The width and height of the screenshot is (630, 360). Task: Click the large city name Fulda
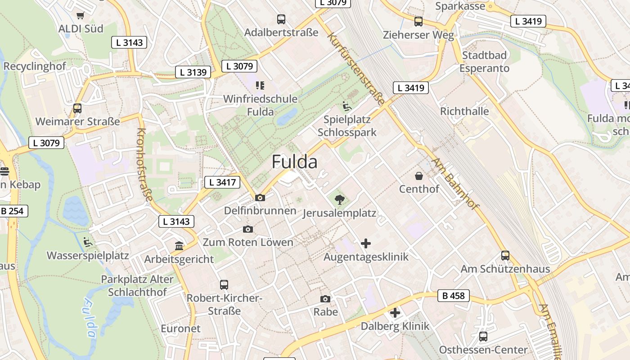[294, 162]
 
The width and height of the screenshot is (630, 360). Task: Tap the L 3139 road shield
[193, 72]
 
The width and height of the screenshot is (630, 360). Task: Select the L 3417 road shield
[222, 182]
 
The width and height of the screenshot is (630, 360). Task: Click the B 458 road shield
[454, 296]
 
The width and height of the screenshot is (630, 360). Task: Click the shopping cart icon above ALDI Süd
[81, 16]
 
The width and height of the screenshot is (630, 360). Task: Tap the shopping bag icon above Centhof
[419, 175]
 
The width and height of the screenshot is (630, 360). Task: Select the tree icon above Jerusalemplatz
[340, 199]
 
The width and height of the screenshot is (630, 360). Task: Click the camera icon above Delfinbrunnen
[260, 198]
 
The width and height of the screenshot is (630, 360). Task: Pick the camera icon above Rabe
[325, 299]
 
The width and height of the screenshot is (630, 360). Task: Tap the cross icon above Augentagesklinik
[366, 243]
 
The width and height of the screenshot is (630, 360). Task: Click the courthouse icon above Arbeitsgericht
[179, 246]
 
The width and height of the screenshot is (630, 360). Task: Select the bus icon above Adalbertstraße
[281, 19]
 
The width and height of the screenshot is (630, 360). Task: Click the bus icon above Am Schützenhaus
[505, 256]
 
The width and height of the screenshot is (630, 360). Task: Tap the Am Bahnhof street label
[454, 184]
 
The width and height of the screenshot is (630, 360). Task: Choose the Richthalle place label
[464, 111]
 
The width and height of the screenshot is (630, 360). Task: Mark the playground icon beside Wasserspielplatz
[88, 242]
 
